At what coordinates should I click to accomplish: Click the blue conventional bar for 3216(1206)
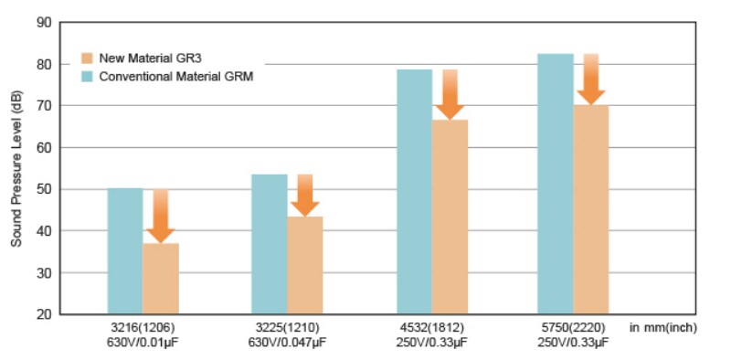(125, 251)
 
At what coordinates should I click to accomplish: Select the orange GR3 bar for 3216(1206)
(161, 279)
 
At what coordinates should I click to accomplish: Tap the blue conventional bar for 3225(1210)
(270, 244)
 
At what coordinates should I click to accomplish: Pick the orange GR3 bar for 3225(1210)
(305, 265)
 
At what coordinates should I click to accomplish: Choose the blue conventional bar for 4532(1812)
(415, 192)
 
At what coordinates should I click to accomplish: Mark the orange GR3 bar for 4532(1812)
(450, 217)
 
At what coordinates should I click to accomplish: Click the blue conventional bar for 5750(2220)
(556, 184)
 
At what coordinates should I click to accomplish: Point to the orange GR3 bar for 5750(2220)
(591, 210)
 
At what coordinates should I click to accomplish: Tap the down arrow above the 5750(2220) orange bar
(591, 79)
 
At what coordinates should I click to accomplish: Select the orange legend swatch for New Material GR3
(88, 57)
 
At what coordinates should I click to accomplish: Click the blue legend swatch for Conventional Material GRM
(88, 77)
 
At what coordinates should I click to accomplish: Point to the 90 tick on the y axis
(45, 22)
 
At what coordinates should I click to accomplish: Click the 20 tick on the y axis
(45, 315)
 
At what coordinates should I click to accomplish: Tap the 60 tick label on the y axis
(45, 148)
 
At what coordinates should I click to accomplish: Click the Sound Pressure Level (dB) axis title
(16, 169)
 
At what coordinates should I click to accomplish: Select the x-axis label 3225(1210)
(288, 328)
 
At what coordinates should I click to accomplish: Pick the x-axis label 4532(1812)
(433, 328)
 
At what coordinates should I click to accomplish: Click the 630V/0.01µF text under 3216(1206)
(143, 343)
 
